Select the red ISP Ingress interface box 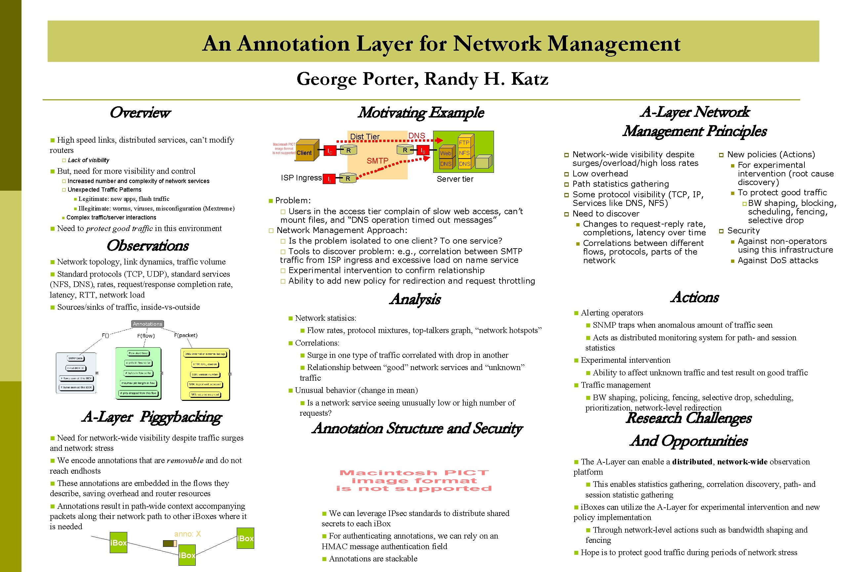point(329,179)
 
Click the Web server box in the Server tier point(446,153)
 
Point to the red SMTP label point(377,161)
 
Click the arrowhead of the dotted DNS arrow point(440,140)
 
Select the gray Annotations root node point(147,324)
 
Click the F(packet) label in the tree point(186,335)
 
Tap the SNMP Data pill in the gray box point(75,358)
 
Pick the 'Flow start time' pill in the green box point(138,353)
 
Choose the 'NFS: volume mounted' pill point(204,394)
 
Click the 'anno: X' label point(187,534)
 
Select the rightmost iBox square point(245,538)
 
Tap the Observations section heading point(147,246)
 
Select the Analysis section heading point(415,299)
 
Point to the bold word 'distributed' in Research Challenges point(692,462)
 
